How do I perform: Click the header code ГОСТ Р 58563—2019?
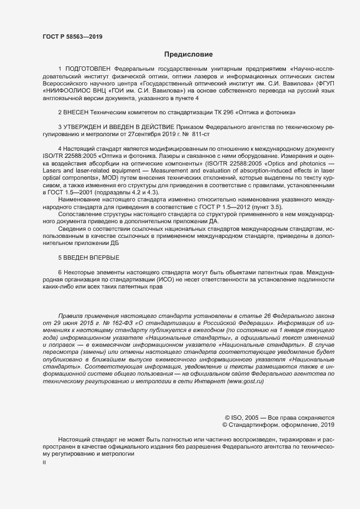point(72,36)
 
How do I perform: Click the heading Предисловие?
point(188,54)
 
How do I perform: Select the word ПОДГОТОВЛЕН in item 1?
point(88,69)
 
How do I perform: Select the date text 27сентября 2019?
point(156,133)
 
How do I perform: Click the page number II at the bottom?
point(45,462)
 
